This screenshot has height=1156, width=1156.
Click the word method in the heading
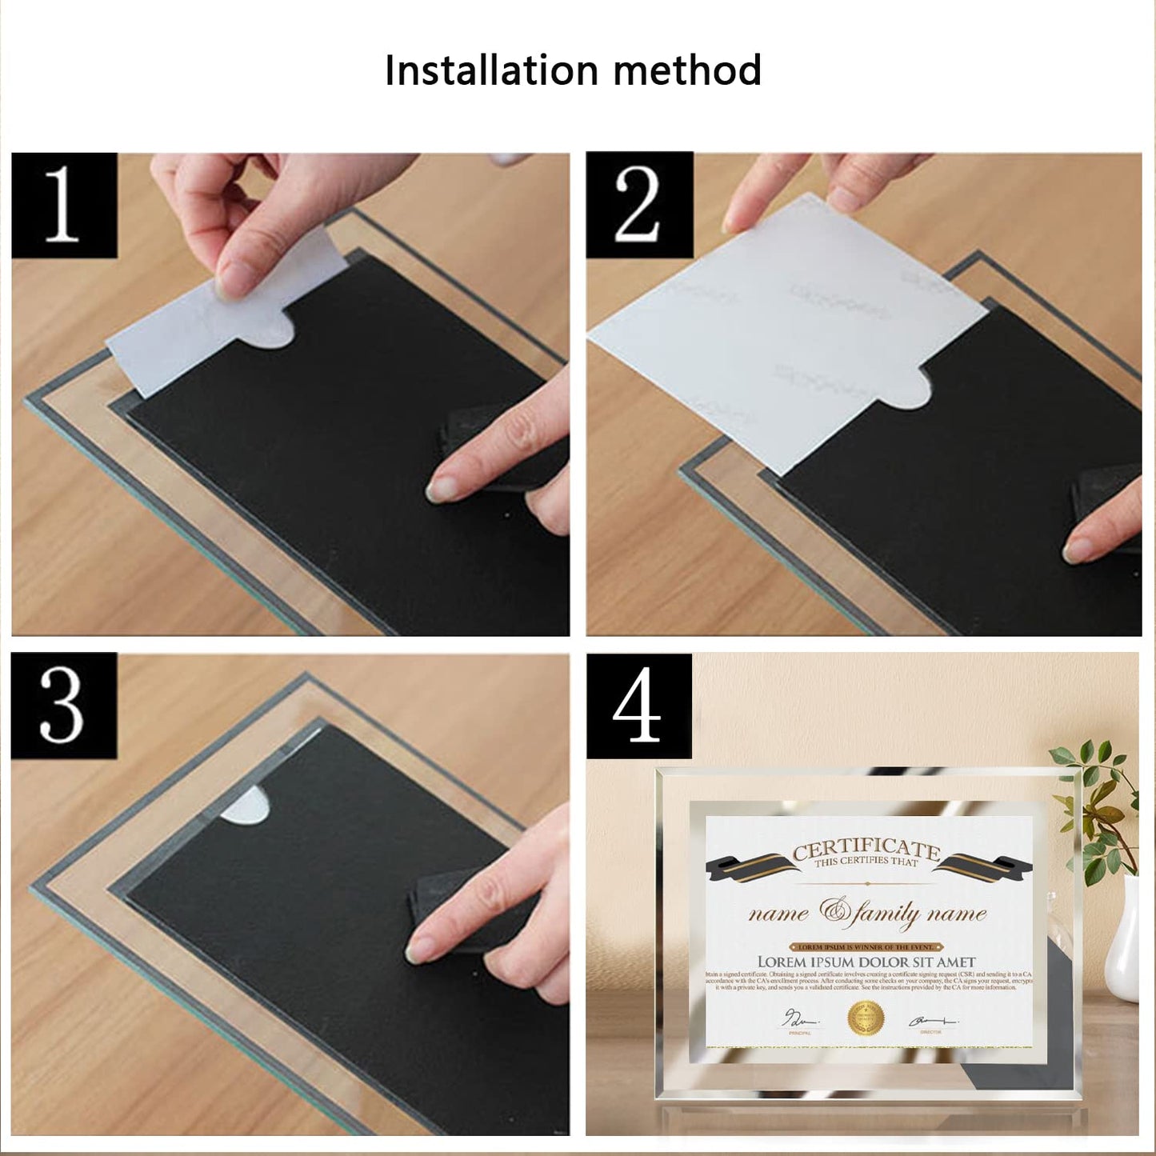click(687, 70)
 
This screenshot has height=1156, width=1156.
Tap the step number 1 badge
click(64, 206)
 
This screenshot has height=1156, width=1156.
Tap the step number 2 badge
click(638, 206)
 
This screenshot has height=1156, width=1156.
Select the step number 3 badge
click(63, 705)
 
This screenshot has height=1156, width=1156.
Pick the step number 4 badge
click(638, 706)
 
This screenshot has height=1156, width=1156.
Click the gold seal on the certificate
click(866, 1018)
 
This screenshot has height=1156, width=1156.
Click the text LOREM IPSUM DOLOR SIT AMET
click(866, 962)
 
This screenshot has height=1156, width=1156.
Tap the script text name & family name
click(867, 913)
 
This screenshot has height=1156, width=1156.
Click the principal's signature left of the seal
click(800, 1019)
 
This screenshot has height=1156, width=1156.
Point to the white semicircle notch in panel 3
click(245, 805)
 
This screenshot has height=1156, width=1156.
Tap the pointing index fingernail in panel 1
click(440, 487)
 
